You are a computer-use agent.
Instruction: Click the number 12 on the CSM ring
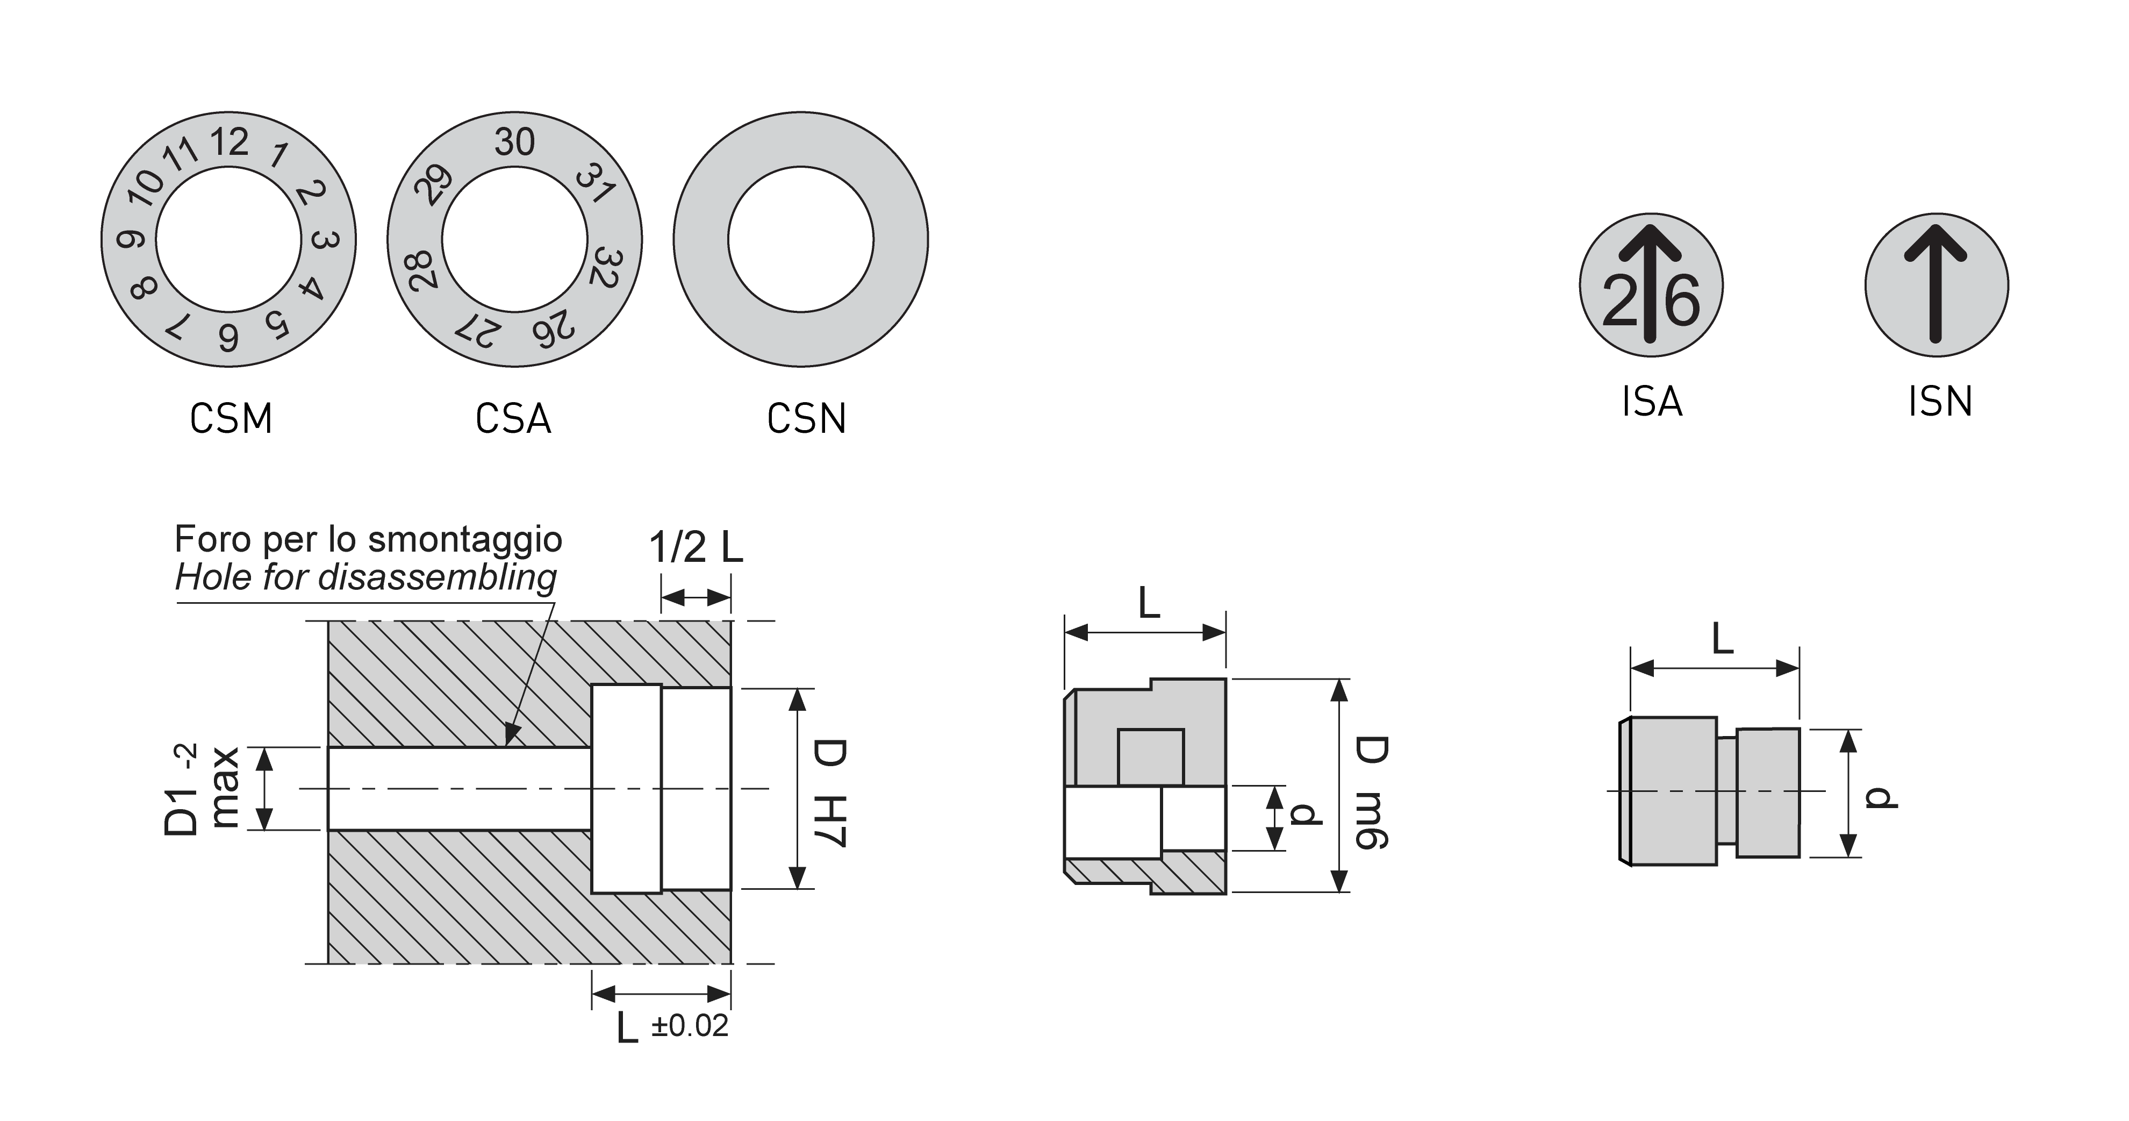click(229, 142)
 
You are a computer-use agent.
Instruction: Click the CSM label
click(231, 419)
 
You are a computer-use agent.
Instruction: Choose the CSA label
click(513, 419)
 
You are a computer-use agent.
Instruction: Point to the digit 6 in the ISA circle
click(1682, 301)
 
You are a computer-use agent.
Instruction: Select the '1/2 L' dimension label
click(696, 547)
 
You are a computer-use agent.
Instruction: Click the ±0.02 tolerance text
click(689, 1026)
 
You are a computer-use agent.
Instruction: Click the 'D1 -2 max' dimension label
click(203, 789)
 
